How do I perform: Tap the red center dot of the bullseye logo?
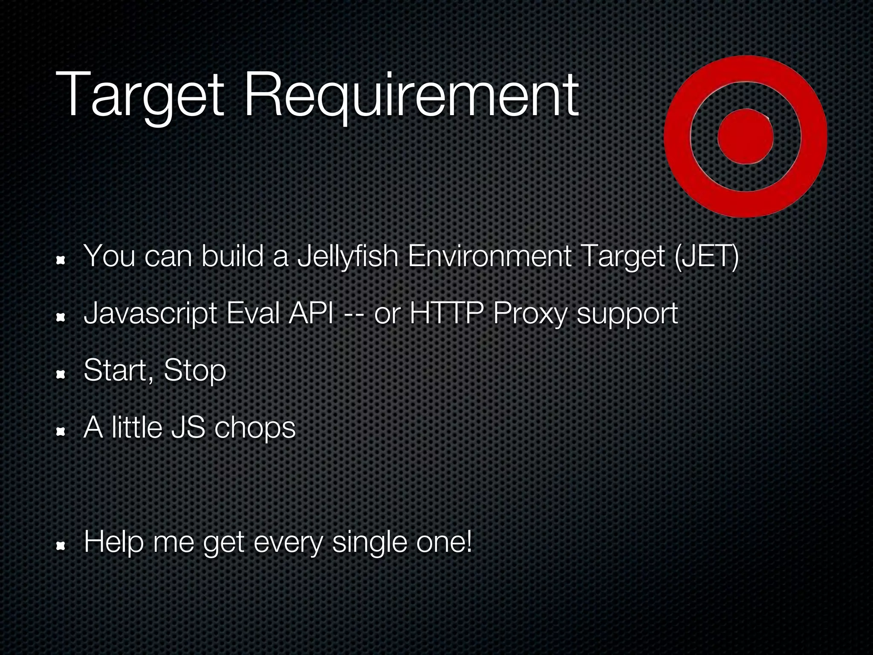tap(746, 136)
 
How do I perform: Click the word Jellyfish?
tap(347, 256)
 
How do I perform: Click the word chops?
tap(255, 428)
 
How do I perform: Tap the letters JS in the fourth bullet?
tap(188, 428)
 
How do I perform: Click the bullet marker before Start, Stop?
tap(61, 374)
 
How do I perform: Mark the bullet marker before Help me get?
tap(61, 546)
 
